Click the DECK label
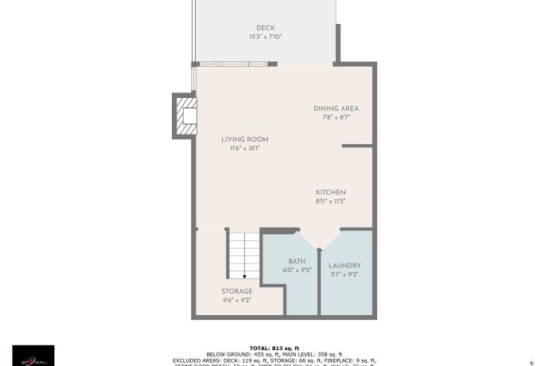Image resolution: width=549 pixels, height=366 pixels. tap(265, 28)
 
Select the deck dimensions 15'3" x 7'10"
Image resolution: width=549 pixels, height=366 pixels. tap(265, 37)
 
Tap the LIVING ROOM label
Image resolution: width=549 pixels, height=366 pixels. tap(244, 139)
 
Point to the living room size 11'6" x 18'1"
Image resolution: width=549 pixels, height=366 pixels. tap(244, 148)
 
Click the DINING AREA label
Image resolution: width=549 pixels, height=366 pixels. tap(336, 108)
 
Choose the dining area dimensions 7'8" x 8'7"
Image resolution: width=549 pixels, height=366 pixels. tap(336, 117)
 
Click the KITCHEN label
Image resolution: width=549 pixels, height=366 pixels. tap(330, 193)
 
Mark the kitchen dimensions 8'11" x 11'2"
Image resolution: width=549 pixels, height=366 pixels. tap(330, 201)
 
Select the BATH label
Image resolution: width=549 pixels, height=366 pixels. tap(297, 261)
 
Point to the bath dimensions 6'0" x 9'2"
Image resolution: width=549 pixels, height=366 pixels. tap(297, 271)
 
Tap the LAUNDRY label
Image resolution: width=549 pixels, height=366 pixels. tap(345, 266)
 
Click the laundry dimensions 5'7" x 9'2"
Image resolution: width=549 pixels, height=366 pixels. tap(345, 274)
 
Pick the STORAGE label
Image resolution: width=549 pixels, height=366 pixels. tap(237, 291)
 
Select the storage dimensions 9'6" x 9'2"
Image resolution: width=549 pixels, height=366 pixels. tap(237, 301)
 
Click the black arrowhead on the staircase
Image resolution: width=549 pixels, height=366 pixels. tap(244, 276)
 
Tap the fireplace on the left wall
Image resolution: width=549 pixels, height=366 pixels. tap(184, 115)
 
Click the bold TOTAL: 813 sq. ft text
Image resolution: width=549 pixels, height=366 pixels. tap(274, 348)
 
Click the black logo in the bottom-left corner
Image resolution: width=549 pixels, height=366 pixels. tap(33, 355)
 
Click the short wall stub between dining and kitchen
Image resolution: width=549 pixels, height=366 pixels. tap(357, 146)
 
